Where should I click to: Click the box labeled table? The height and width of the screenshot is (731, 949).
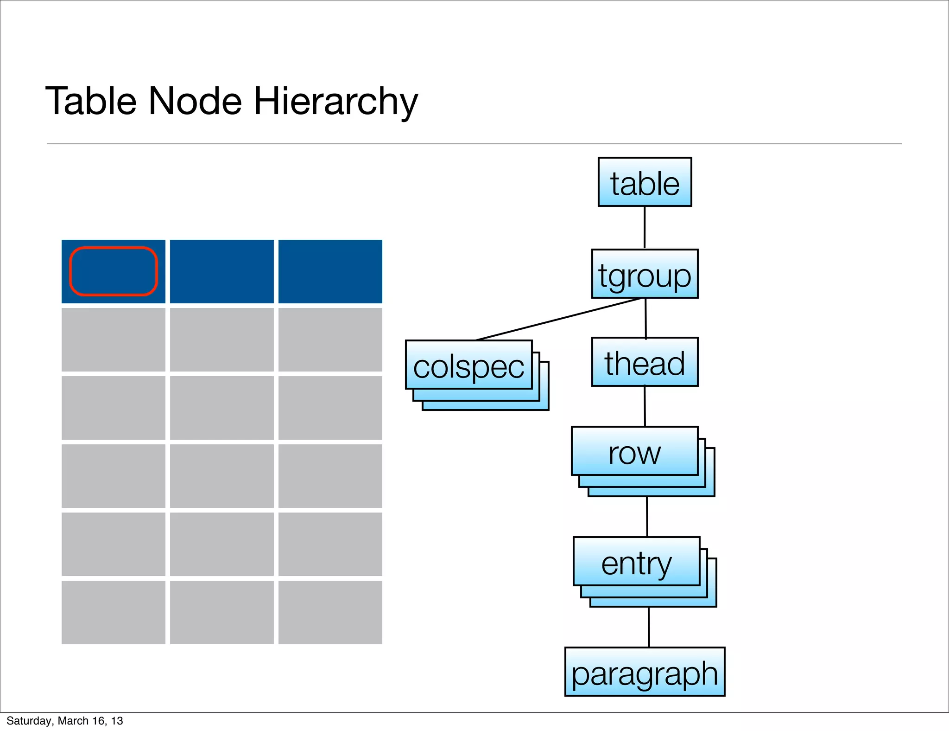tap(645, 182)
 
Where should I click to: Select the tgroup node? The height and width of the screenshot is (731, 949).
tap(645, 274)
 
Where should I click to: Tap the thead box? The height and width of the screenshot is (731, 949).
tap(645, 362)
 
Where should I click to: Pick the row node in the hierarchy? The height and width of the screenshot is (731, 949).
tap(634, 451)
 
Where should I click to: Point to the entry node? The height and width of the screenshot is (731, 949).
tap(636, 562)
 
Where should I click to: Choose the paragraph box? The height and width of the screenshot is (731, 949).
tap(645, 672)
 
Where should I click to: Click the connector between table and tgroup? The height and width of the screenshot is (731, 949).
tap(645, 227)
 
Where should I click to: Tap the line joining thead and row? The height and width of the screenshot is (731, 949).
tap(645, 406)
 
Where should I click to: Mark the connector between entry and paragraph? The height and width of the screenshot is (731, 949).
tap(649, 627)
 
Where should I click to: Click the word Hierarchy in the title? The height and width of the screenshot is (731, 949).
tap(336, 101)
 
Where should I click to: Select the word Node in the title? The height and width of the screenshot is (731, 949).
tap(195, 101)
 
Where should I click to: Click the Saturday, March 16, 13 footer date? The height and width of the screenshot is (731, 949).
tap(65, 721)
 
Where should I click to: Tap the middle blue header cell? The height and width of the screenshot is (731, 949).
tap(222, 271)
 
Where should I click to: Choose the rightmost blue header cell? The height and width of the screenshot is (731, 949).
tap(330, 271)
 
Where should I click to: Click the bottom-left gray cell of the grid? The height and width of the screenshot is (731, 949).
tap(114, 612)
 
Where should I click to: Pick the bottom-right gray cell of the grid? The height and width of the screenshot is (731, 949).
tap(330, 612)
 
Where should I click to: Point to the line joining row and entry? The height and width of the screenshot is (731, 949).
tap(647, 517)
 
